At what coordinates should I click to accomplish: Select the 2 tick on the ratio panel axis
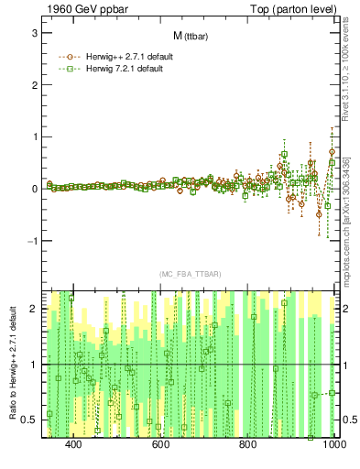[x=33, y=309]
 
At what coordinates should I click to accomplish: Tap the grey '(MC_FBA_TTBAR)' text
[x=189, y=275]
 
